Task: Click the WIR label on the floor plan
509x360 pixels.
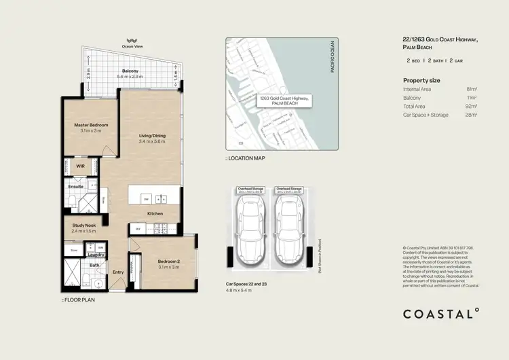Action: (x=80, y=165)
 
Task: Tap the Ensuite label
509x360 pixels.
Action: (x=75, y=185)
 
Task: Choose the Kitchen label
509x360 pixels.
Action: (x=155, y=213)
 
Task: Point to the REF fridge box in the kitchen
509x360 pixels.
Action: (x=138, y=229)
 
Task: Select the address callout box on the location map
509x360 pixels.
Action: (x=284, y=101)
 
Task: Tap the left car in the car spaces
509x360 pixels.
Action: (x=249, y=227)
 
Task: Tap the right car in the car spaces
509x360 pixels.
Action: (x=288, y=227)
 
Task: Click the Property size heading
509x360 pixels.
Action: (x=421, y=80)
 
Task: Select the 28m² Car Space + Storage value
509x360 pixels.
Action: (x=472, y=115)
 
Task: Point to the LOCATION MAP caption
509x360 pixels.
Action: (x=246, y=158)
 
